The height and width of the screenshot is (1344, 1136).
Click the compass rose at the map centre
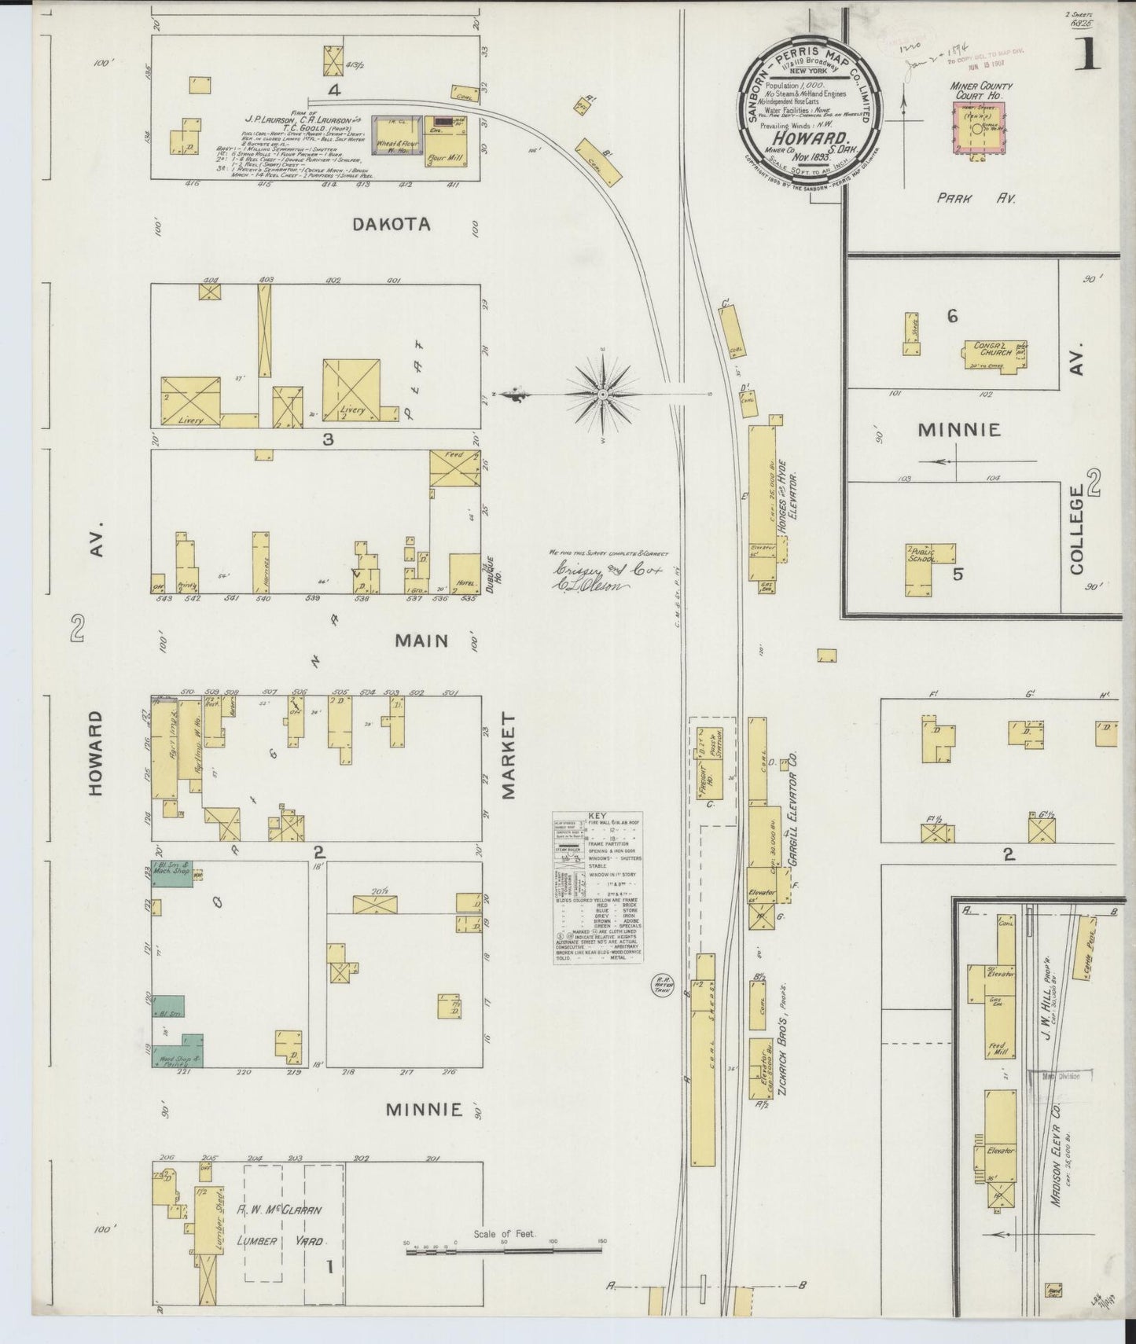pos(602,393)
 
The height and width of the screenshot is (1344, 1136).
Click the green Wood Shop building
pos(178,1050)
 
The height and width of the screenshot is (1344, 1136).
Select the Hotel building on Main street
pos(465,574)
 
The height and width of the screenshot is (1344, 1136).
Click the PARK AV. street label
pos(976,199)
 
